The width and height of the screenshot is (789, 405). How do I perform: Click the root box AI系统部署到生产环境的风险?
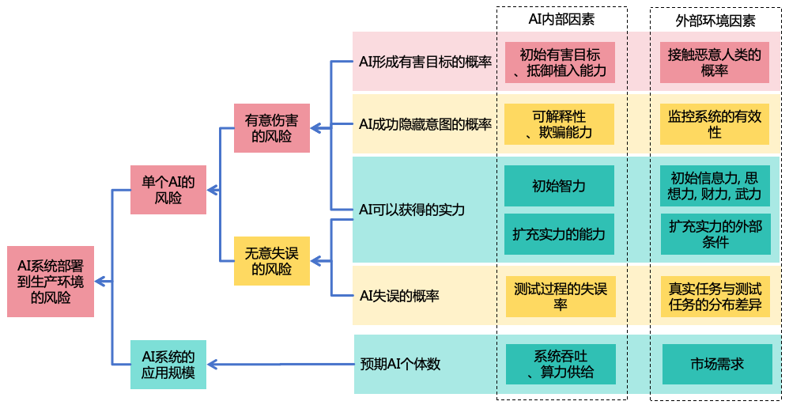click(51, 282)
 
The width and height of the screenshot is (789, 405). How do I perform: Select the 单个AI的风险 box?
click(168, 190)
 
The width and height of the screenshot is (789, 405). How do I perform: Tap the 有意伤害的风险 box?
click(271, 128)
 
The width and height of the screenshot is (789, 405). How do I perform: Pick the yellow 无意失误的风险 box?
click(271, 261)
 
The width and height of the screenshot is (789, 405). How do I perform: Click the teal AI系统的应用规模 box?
click(168, 364)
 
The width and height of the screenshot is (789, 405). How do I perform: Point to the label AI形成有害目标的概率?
click(425, 62)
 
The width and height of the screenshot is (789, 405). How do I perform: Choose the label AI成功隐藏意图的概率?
click(425, 124)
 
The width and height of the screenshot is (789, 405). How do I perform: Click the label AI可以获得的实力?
click(412, 210)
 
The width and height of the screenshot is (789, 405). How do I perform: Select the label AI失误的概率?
click(399, 296)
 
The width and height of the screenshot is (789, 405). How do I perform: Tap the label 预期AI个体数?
click(400, 365)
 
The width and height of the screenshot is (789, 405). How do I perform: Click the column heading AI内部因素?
click(561, 20)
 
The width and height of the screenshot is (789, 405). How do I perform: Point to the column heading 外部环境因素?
click(715, 20)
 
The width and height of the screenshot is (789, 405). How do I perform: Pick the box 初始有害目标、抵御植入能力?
click(559, 62)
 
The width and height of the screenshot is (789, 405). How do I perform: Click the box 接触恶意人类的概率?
click(714, 62)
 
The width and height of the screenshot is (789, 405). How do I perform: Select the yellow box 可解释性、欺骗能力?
click(559, 124)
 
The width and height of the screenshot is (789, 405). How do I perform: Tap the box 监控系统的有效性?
click(714, 124)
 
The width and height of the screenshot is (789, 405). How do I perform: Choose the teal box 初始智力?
click(559, 186)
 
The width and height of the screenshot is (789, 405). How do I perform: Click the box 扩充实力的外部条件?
click(715, 234)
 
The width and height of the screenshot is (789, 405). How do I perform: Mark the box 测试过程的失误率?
click(560, 296)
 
